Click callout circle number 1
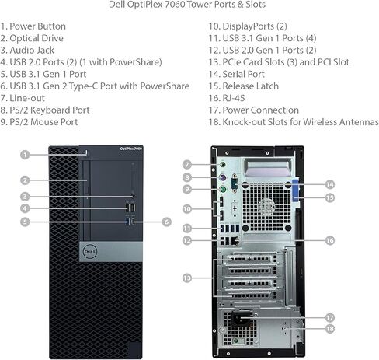pyautogui.click(x=25, y=155)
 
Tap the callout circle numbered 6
pyautogui.click(x=166, y=222)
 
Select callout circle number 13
pyautogui.click(x=186, y=278)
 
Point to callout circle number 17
pyautogui.click(x=330, y=317)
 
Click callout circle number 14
pyautogui.click(x=330, y=184)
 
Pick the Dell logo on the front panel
pyautogui.click(x=90, y=252)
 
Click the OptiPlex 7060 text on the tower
pyautogui.click(x=131, y=149)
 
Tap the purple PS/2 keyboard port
pyautogui.click(x=223, y=177)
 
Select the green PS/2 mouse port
pyautogui.click(x=223, y=190)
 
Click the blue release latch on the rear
pyautogui.click(x=295, y=190)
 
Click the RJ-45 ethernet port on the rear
pyautogui.click(x=235, y=241)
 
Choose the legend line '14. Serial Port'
pyautogui.click(x=237, y=74)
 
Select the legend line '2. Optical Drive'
pyautogui.click(x=32, y=38)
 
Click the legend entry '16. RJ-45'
pyautogui.click(x=227, y=98)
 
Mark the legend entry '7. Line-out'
pyautogui.click(x=23, y=98)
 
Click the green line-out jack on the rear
pyautogui.click(x=223, y=164)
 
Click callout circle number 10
pyautogui.click(x=186, y=209)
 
